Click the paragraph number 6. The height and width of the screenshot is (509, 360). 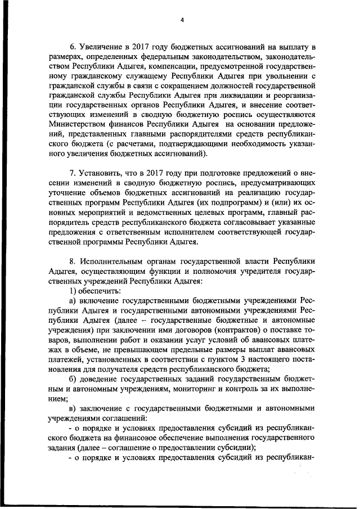coord(73,46)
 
